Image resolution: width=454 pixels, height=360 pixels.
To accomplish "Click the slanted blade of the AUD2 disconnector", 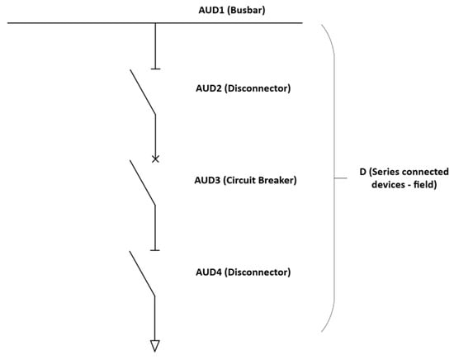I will point(142,92).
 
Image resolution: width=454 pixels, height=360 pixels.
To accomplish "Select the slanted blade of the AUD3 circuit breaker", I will point(142,182).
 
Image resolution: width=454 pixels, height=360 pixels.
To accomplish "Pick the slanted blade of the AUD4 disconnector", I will point(142,273).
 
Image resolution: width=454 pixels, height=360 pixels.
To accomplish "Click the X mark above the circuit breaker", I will point(155,158).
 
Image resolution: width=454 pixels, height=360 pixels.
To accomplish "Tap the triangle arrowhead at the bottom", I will point(155,345).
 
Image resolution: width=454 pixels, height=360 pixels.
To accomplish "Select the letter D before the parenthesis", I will point(362,172).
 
